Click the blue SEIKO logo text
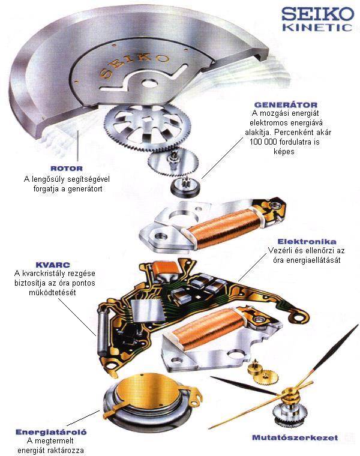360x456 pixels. (318, 14)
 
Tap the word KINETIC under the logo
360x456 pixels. (317, 28)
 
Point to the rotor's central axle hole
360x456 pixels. (149, 84)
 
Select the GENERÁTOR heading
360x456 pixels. (286, 105)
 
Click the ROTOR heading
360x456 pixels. (67, 169)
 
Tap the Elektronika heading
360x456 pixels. (307, 241)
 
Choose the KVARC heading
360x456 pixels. (53, 265)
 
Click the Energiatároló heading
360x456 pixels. (51, 432)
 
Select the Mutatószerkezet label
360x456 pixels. (295, 437)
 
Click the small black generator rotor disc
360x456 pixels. (185, 187)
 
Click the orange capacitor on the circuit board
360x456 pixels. (166, 268)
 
